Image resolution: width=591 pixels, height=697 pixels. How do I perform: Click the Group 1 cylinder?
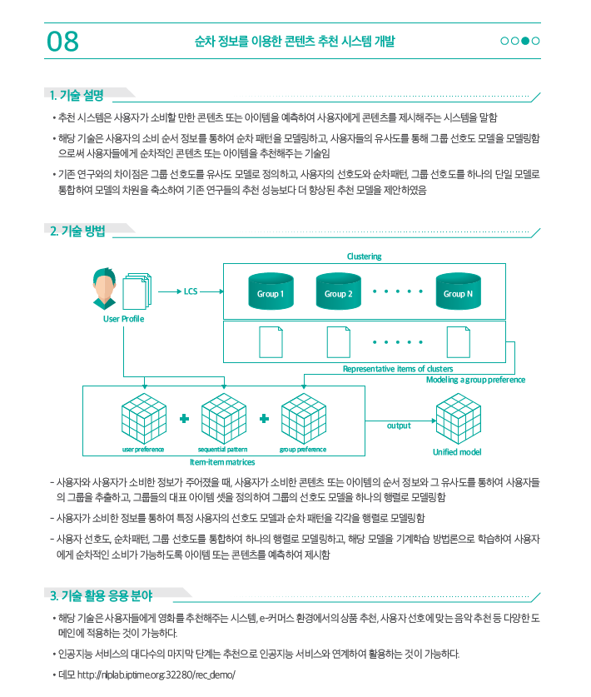[271, 292]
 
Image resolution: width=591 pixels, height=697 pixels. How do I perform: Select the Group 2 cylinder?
[338, 292]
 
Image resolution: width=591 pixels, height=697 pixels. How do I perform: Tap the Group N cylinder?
[459, 292]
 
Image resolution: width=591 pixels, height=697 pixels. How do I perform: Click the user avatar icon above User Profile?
[105, 287]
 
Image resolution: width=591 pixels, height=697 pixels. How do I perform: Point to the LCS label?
[191, 291]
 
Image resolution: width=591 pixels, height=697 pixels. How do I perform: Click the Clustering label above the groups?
[364, 256]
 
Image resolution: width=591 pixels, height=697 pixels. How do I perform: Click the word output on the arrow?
[399, 426]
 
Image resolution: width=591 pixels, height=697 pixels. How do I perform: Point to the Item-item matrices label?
[222, 461]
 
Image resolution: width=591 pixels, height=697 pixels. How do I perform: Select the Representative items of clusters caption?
[398, 368]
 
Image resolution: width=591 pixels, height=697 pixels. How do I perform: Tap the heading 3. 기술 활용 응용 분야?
[101, 595]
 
